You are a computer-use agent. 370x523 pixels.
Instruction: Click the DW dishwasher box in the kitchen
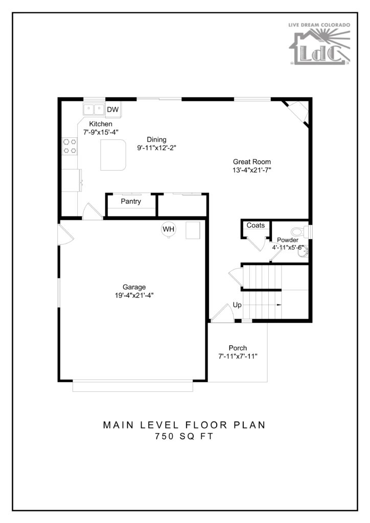[112, 110]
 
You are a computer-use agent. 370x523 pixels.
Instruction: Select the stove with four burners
[69, 146]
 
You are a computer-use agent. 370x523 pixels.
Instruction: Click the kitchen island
[113, 155]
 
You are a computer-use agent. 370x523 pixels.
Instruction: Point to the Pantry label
[131, 201]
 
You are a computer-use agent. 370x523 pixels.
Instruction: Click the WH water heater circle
[169, 229]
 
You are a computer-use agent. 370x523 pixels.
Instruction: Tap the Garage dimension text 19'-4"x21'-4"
[134, 295]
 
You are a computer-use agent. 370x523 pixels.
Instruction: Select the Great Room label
[251, 162]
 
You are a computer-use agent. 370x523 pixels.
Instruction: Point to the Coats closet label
[256, 225]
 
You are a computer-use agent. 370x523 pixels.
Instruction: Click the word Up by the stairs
[237, 304]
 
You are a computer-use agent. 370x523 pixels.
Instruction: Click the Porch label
[238, 348]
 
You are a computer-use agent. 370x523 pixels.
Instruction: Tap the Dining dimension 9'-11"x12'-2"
[156, 148]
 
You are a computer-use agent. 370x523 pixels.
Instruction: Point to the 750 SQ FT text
[184, 437]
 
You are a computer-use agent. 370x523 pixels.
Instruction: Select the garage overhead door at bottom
[133, 387]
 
